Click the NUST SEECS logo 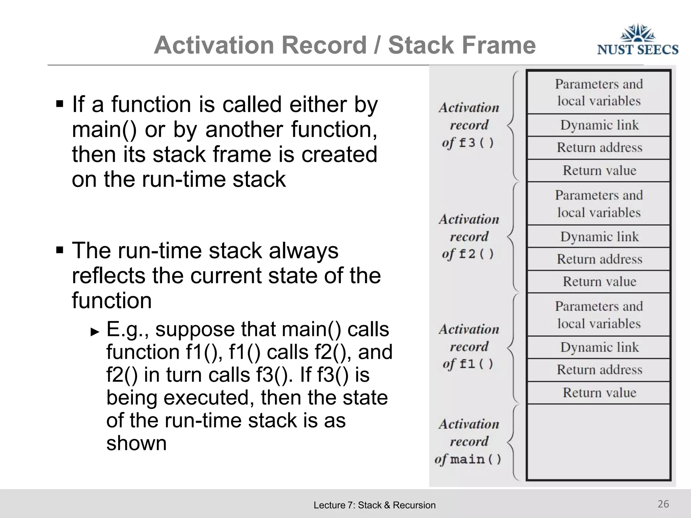[x=637, y=40]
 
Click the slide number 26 [x=663, y=504]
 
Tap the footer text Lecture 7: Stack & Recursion [x=375, y=505]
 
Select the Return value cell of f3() [x=599, y=170]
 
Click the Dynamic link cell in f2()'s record [x=599, y=236]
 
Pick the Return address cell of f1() [x=599, y=370]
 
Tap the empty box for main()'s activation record [x=599, y=442]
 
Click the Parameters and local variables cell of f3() [x=599, y=92]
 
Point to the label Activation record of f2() [x=469, y=236]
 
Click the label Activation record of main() [x=469, y=441]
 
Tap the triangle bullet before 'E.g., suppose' [x=95, y=332]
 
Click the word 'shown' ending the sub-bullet [x=136, y=443]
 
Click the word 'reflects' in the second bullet [x=108, y=276]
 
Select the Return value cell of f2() [x=599, y=282]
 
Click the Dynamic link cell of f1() [x=599, y=347]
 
